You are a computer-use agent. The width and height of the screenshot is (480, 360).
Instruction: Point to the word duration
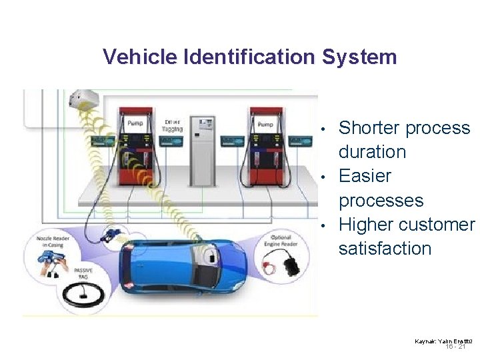tap(372, 152)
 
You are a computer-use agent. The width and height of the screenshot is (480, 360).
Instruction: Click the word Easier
tap(365, 176)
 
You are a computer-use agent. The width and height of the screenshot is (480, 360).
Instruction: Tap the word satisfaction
tap(385, 249)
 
